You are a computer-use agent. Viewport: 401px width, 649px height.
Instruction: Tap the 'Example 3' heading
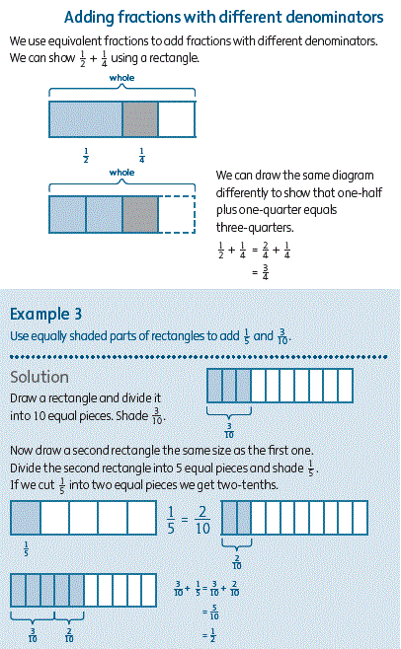click(46, 315)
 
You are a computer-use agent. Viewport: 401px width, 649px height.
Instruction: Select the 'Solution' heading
click(40, 377)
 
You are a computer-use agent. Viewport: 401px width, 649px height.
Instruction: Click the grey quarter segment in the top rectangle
click(140, 119)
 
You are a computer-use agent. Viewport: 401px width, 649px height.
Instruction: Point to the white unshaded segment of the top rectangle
click(176, 119)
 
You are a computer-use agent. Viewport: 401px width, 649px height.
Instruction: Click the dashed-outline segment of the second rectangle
click(176, 214)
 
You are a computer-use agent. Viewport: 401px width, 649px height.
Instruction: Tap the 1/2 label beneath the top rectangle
click(86, 155)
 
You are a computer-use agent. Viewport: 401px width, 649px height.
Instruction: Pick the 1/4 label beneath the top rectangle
click(142, 155)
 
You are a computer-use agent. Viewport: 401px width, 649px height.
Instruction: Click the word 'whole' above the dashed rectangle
click(121, 173)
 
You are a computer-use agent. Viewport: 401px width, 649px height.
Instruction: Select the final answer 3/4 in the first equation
click(266, 272)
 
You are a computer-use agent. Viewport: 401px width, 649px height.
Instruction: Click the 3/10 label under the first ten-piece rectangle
click(229, 430)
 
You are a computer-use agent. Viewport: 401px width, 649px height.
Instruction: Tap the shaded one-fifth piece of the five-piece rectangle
click(26, 518)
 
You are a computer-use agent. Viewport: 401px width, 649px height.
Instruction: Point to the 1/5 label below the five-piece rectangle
click(26, 548)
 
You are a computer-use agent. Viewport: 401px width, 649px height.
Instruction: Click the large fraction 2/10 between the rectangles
click(202, 520)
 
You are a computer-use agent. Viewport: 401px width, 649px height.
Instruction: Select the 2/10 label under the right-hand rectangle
click(237, 562)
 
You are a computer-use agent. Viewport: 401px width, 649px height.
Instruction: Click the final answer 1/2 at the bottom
click(212, 636)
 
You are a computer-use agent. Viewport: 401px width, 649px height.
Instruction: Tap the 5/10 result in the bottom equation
click(214, 613)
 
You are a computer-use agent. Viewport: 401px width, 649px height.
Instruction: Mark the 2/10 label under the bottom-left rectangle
click(69, 635)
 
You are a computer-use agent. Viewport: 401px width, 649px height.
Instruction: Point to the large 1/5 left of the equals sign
click(171, 520)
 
